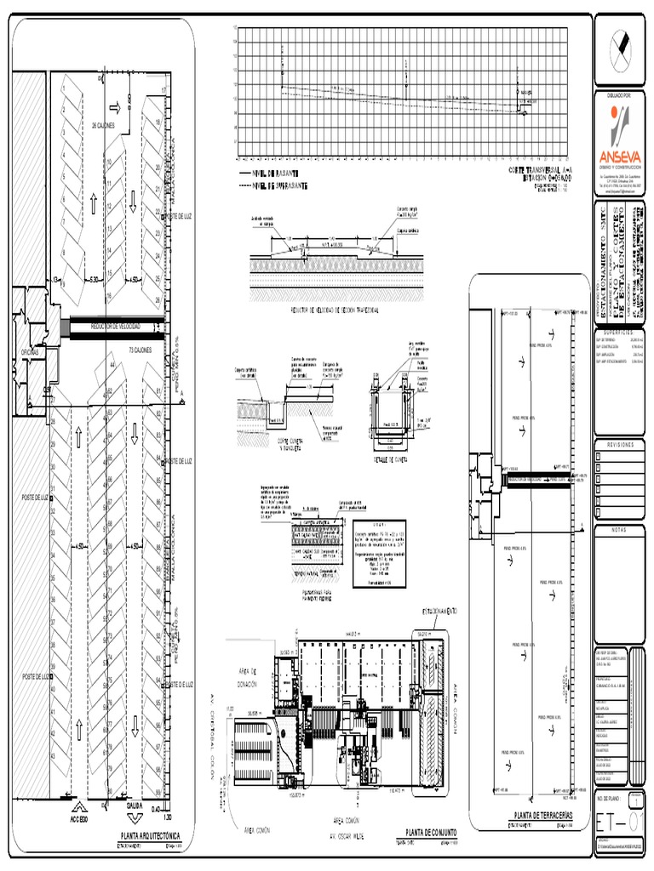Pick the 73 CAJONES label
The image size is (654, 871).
click(x=141, y=350)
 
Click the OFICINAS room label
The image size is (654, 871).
click(x=31, y=351)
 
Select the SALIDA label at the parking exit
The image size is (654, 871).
click(x=135, y=804)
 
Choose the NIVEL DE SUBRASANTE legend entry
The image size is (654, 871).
click(x=281, y=185)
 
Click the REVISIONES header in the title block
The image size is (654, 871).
click(x=621, y=445)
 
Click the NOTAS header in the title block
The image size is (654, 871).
click(x=621, y=528)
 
